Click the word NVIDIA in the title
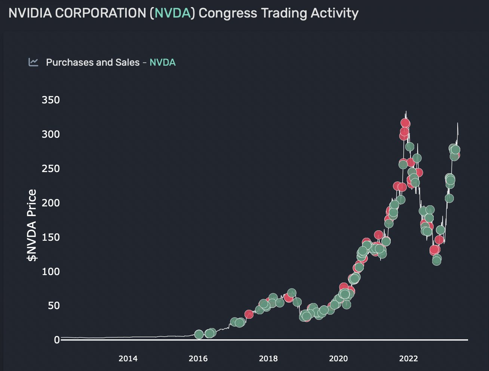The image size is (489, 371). tap(30, 13)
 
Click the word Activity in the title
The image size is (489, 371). tap(334, 13)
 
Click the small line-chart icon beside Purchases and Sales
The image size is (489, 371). tap(33, 62)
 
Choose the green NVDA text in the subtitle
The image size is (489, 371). tap(163, 62)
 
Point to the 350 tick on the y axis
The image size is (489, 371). tap(50, 100)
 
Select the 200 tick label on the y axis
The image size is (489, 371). tap(50, 203)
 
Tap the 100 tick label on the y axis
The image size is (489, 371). tap(50, 271)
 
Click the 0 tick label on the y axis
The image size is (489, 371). tap(56, 340)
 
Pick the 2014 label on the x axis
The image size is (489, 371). tap(128, 359)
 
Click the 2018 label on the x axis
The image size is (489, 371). tap(268, 359)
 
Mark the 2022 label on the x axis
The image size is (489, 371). tap(408, 359)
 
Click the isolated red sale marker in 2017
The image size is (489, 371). tap(249, 314)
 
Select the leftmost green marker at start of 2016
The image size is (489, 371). tap(199, 334)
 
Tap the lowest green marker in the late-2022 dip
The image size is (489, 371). tap(436, 261)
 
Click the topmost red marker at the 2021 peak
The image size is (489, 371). tap(405, 123)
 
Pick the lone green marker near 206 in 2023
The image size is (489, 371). tap(449, 198)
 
